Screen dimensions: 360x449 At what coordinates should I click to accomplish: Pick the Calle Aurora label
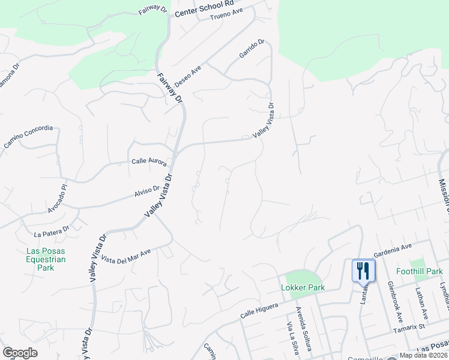coord(149,162)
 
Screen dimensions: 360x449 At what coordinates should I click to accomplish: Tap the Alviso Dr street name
coord(147,191)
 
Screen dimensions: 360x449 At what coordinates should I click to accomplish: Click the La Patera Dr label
coord(52,231)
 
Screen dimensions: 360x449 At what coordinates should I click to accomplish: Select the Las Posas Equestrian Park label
coord(46,259)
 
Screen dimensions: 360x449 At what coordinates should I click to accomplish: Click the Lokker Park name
coord(303,287)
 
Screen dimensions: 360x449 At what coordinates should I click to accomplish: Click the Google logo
coord(20,353)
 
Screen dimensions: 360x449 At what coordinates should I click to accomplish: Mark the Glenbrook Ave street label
coord(395,298)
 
